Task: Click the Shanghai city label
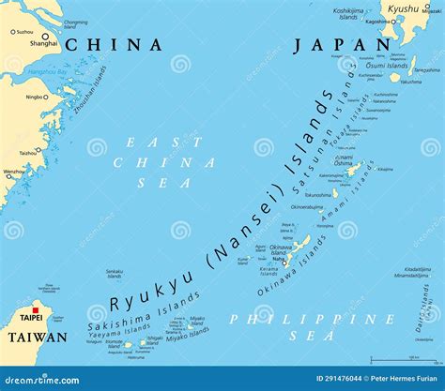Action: tap(43, 43)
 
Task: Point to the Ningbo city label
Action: tap(35, 96)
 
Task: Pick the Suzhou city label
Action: tap(23, 31)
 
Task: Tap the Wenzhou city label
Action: tap(14, 172)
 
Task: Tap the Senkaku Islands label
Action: tap(114, 274)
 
